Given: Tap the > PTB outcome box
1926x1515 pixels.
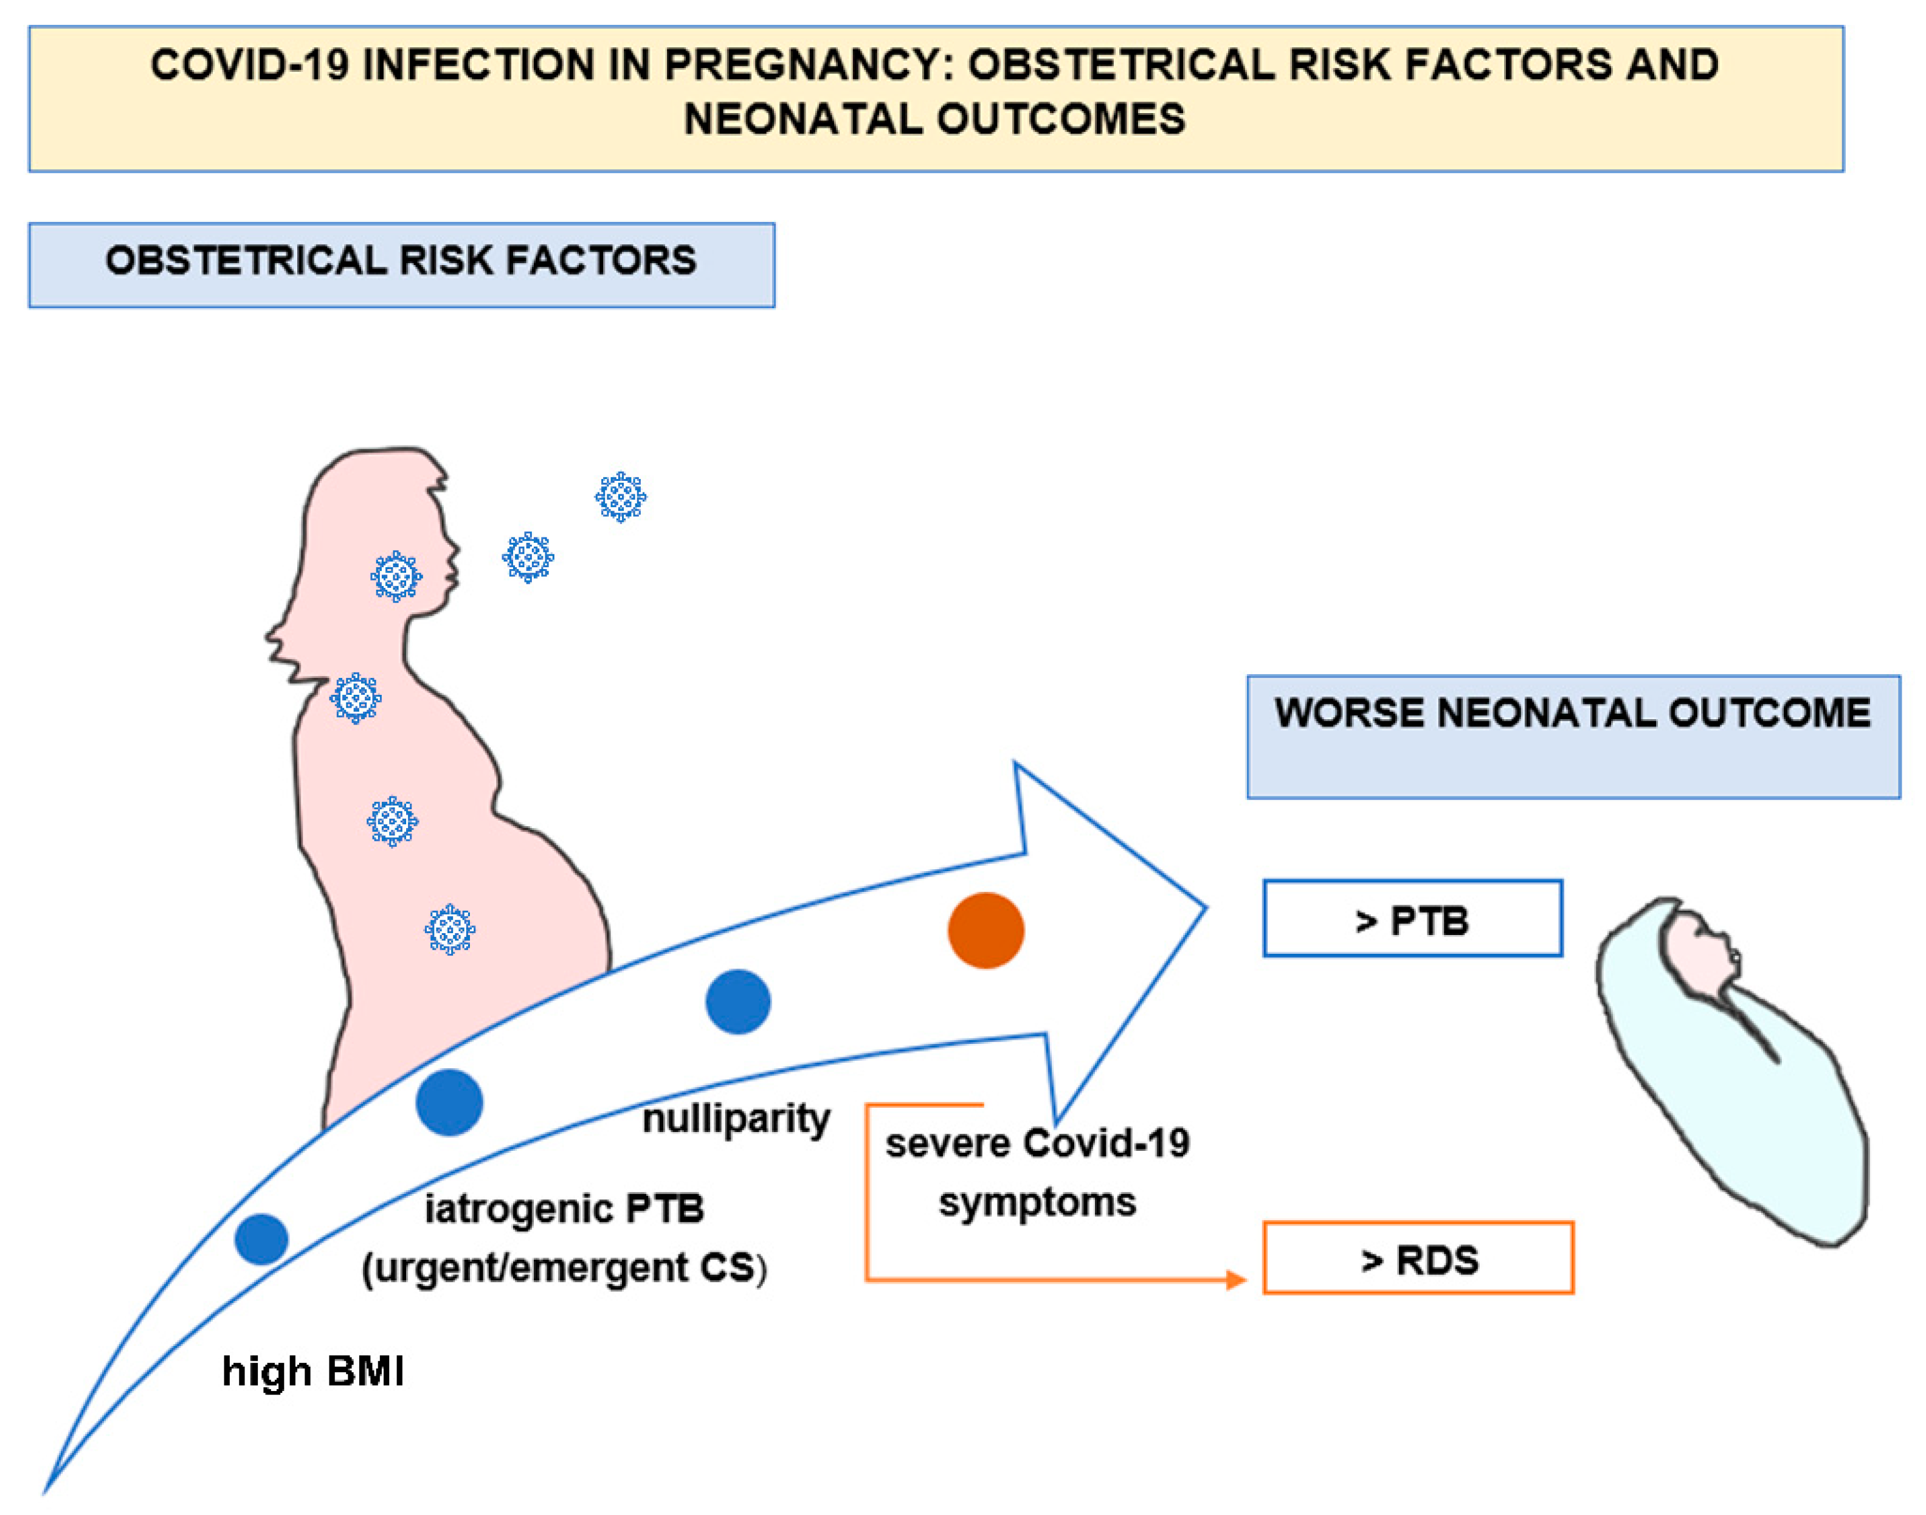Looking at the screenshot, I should click(x=1412, y=919).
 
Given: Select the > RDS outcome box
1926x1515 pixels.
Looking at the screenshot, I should click(x=1418, y=1258).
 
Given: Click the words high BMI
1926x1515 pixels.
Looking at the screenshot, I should click(x=312, y=1372).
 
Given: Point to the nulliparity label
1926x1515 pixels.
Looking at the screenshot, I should click(x=736, y=1119).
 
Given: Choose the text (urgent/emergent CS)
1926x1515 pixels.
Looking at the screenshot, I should click(x=564, y=1268).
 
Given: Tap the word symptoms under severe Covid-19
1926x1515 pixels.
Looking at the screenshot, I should click(x=1037, y=1203).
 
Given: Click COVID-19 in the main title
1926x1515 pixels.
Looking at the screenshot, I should click(x=249, y=65).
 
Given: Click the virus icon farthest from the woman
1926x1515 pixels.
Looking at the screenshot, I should click(x=620, y=497).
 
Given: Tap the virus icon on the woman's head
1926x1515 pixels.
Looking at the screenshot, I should click(x=396, y=576).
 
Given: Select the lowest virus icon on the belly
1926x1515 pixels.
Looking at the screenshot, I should click(x=450, y=929).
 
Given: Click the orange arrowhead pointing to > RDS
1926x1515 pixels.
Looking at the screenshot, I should click(x=1237, y=1279).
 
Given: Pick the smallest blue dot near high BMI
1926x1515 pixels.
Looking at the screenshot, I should click(x=261, y=1239).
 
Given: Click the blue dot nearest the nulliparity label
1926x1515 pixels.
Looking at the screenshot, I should click(x=737, y=1001).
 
